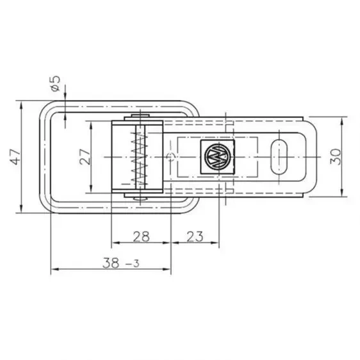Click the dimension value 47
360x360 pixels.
(x=15, y=156)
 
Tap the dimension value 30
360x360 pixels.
(x=334, y=156)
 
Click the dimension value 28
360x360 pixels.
(x=142, y=236)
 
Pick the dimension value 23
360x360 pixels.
(x=196, y=236)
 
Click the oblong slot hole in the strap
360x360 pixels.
(x=280, y=156)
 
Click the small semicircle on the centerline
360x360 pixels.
(x=170, y=156)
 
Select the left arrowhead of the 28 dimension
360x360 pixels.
(x=115, y=243)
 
